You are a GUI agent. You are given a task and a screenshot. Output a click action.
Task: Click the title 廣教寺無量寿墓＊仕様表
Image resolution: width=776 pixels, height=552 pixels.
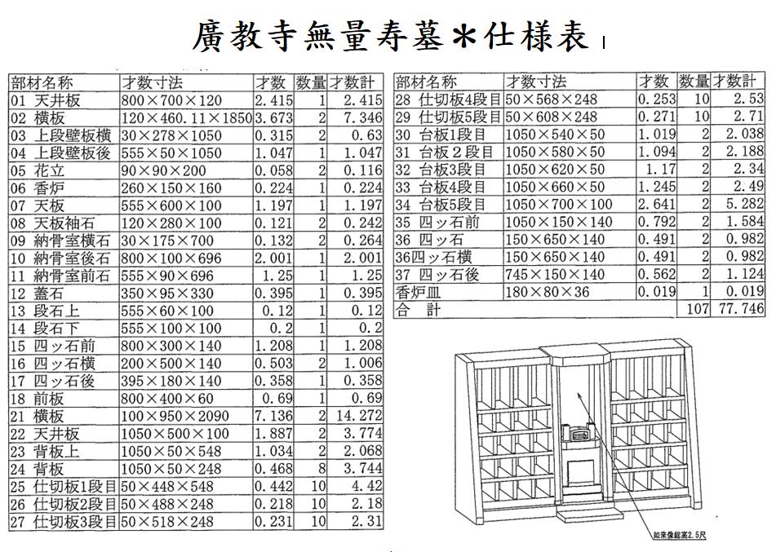391,36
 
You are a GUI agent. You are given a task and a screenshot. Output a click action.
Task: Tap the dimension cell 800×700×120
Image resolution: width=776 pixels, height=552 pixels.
171,101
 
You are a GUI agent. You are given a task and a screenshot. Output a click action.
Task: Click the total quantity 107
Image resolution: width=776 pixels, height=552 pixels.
698,309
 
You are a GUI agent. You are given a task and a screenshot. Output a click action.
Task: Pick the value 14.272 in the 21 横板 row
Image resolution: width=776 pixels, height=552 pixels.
359,416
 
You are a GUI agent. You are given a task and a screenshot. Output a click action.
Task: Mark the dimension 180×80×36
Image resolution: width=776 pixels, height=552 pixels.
547,292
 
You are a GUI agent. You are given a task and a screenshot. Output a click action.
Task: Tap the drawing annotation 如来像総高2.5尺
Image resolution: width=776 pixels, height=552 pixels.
680,535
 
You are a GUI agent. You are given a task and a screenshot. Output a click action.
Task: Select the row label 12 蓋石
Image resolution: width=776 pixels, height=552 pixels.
37,294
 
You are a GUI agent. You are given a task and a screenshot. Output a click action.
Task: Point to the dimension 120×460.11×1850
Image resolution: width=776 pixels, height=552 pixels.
187,118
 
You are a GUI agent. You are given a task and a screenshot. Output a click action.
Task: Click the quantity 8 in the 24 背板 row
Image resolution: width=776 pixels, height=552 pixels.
322,468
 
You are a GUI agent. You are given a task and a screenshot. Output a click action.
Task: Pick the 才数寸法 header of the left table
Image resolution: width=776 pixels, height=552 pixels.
153,82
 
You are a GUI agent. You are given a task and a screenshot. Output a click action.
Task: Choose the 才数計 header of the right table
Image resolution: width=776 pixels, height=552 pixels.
735,81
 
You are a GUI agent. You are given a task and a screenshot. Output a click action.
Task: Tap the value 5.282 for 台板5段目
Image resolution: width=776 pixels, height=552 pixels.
745,204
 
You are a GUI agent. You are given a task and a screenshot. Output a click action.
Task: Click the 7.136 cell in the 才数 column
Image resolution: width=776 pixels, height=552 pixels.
273,416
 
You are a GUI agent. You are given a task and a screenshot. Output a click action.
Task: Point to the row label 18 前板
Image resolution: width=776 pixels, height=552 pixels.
37,399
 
